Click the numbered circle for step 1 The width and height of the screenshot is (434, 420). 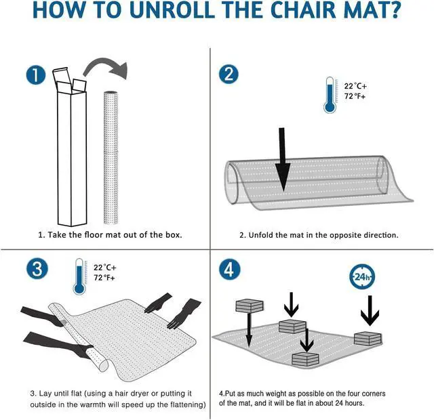36,75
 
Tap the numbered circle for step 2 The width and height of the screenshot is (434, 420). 229,74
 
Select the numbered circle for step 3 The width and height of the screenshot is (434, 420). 37,268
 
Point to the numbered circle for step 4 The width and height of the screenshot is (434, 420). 229,270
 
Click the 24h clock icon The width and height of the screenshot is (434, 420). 362,277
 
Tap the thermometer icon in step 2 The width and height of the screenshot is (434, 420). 330,95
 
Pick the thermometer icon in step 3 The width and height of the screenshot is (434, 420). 79,276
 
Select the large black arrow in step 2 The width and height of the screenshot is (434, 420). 282,160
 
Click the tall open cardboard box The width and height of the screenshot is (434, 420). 71,146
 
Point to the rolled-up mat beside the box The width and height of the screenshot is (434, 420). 111,157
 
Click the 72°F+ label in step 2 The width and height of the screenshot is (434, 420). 355,96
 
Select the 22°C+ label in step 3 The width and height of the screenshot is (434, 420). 105,268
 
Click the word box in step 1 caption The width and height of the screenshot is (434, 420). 174,235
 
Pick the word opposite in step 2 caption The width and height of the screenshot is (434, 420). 345,236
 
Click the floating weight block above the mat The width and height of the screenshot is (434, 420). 250,306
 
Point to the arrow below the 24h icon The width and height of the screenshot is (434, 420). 370,310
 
